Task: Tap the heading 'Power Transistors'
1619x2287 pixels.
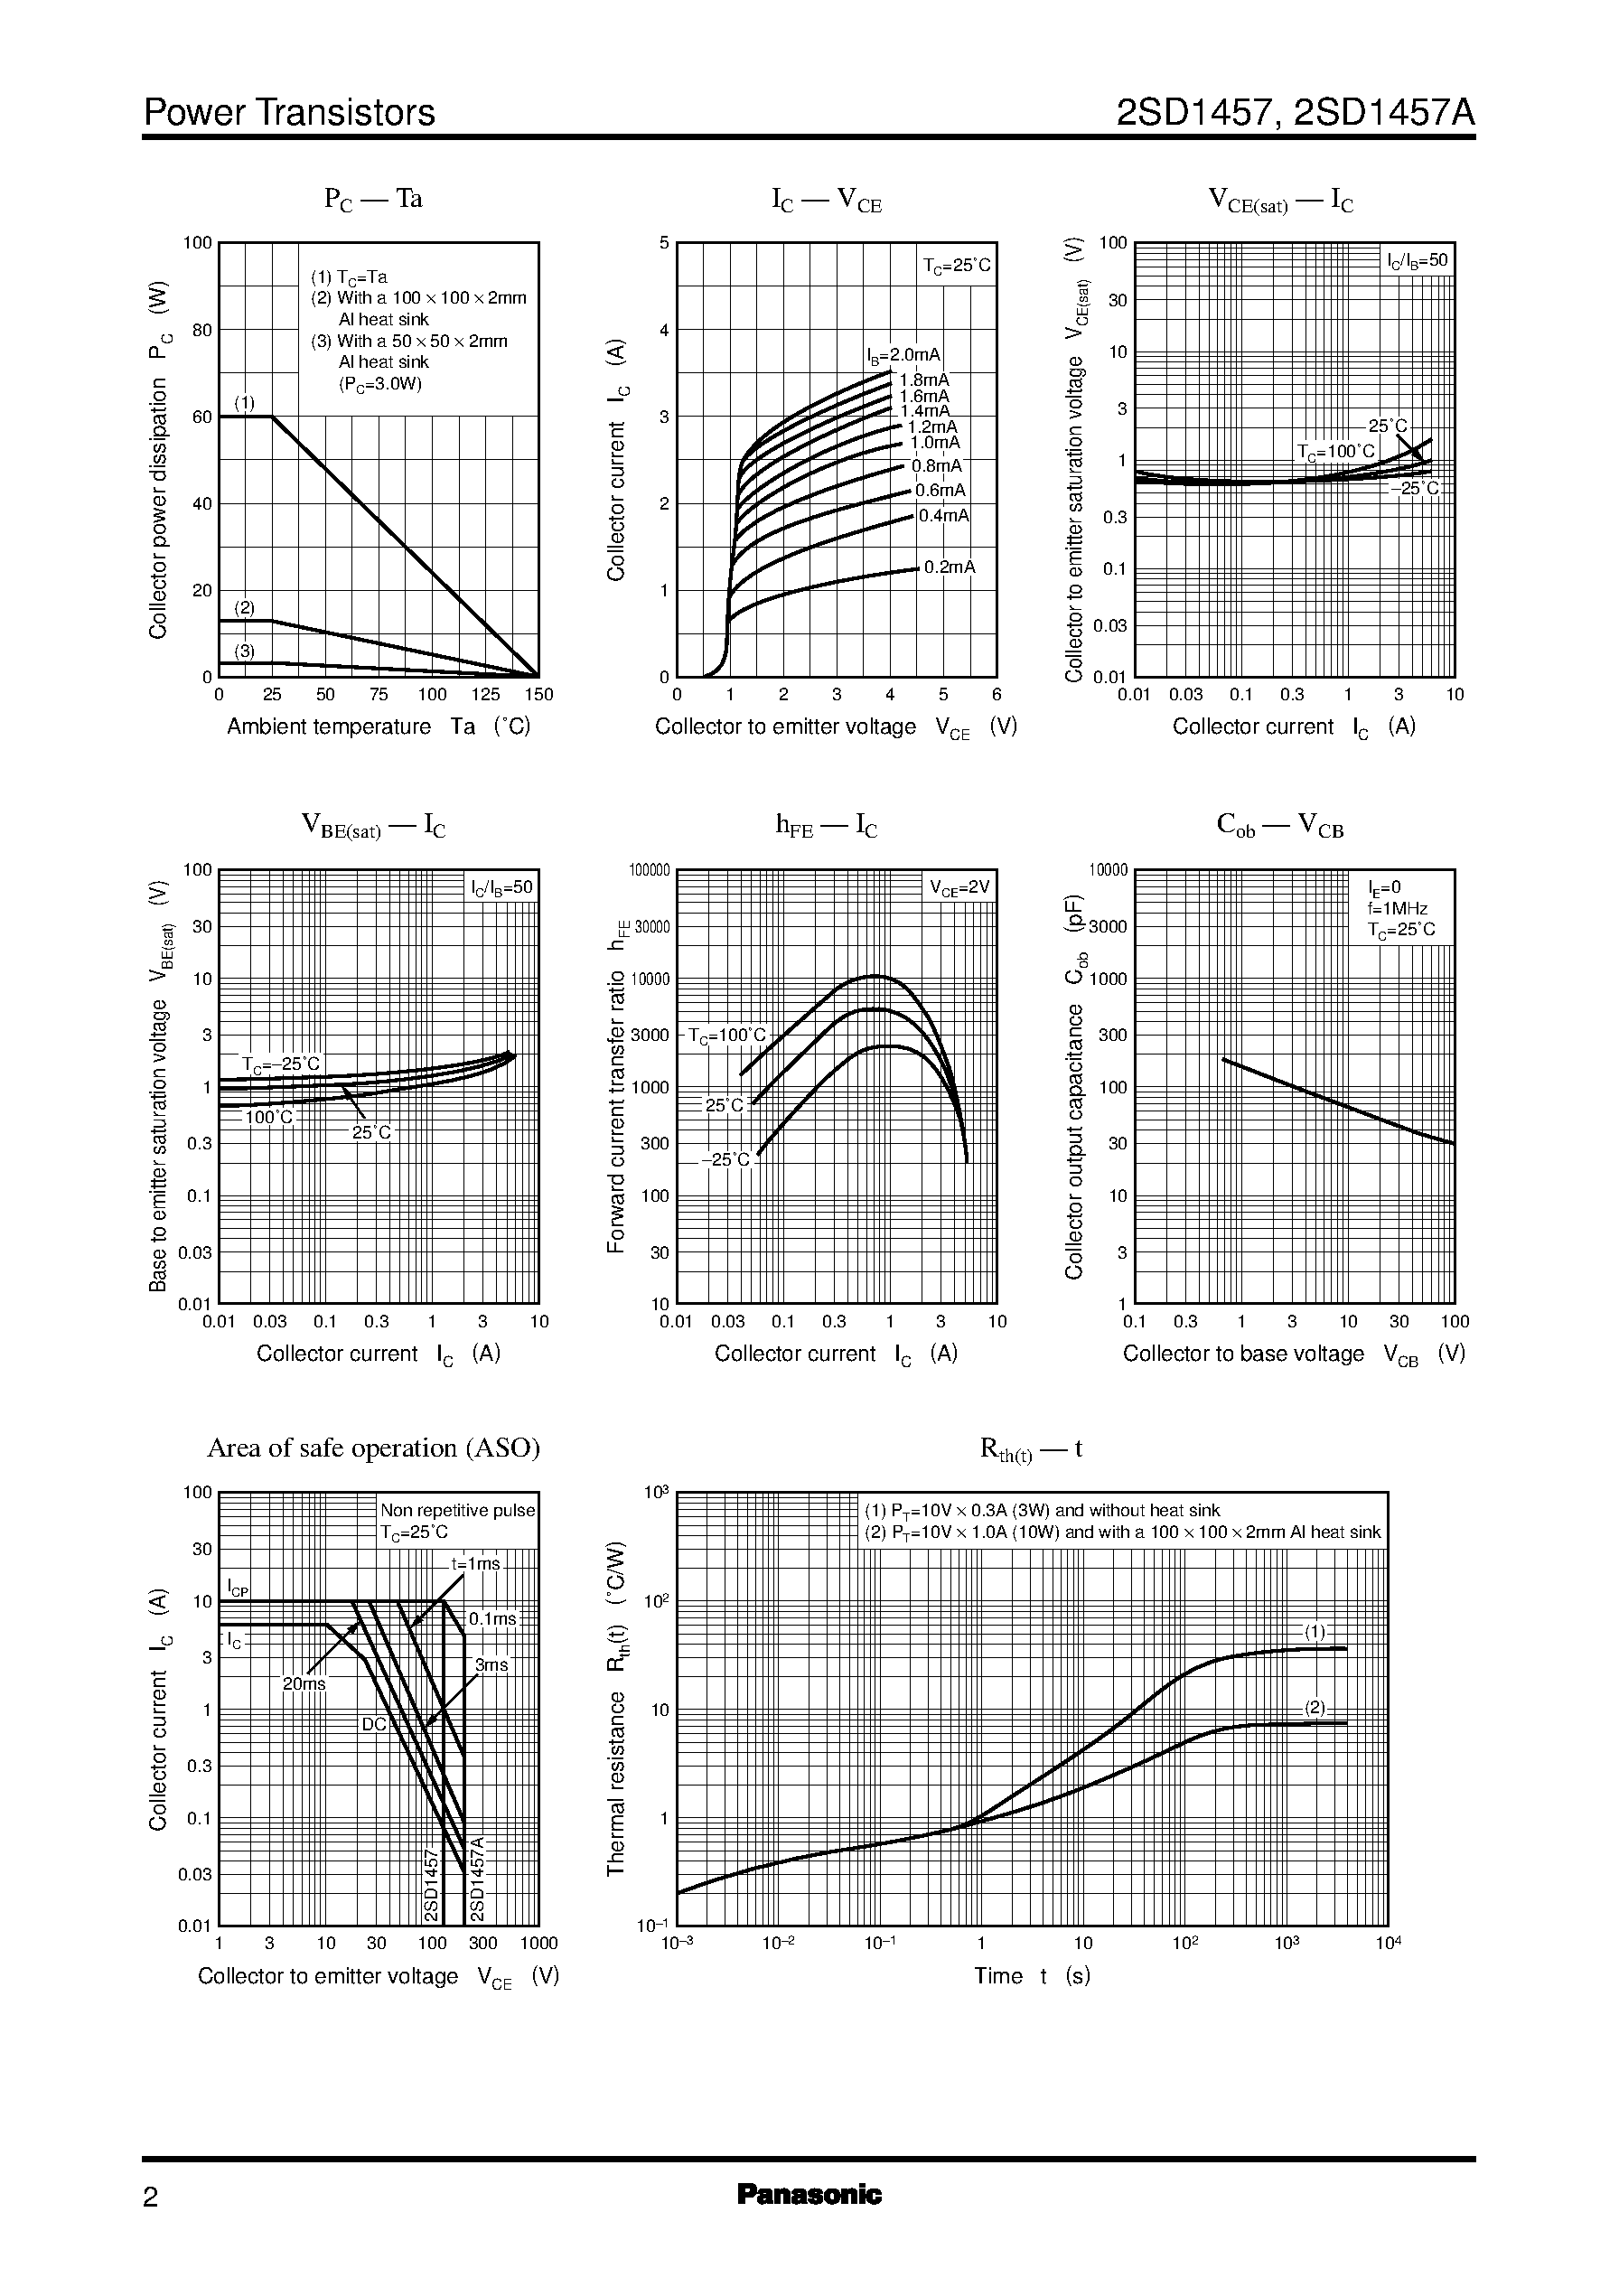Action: pos(289,113)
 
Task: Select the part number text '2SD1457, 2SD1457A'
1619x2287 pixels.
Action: pos(1295,113)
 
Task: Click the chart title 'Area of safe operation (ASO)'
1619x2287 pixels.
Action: pos(373,1448)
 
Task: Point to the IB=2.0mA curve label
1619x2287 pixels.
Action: pos(903,355)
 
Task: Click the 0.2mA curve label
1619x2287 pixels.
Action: pos(949,567)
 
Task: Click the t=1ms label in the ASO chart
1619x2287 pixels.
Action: pos(474,1563)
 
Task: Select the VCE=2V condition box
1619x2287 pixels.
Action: pos(959,887)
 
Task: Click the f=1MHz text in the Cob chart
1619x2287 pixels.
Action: pos(1397,908)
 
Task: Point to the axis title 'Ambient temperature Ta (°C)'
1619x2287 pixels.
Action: pos(379,726)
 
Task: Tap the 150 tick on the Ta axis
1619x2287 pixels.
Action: pos(538,695)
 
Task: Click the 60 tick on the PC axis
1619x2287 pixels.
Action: pos(202,417)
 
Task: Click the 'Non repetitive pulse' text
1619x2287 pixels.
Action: pos(457,1511)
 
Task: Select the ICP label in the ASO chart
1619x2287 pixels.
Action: pos(238,1587)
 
